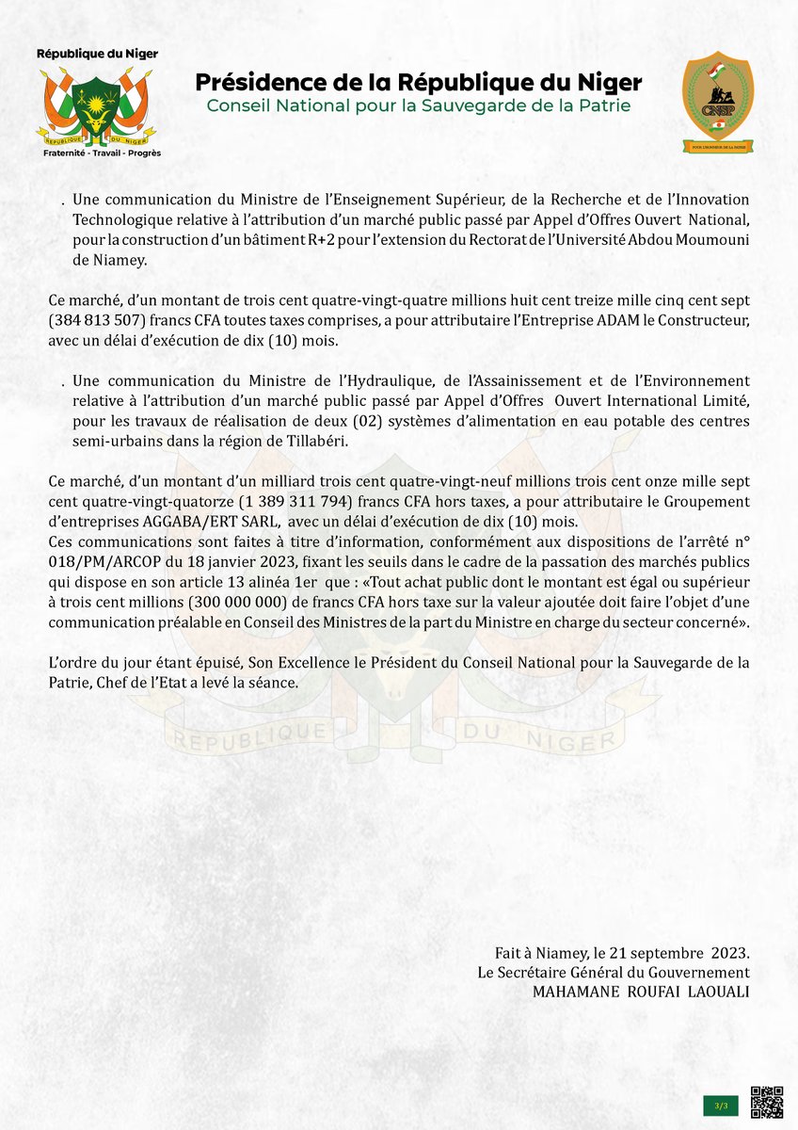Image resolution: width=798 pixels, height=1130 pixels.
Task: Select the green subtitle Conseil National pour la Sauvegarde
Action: (419, 105)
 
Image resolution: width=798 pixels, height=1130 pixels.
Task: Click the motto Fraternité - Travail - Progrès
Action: (97, 152)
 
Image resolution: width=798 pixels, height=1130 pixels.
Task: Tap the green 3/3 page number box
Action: (720, 1104)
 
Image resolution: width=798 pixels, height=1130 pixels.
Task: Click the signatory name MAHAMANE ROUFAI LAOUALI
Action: (641, 991)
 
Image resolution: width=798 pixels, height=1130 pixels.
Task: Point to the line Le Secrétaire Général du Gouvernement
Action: (614, 972)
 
